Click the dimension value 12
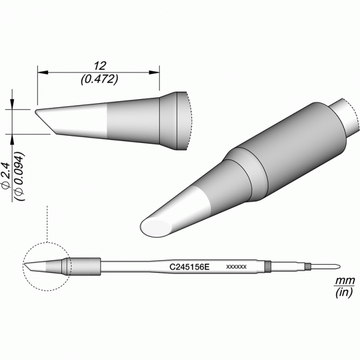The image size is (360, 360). point(100,66)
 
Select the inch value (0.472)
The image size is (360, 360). point(100,79)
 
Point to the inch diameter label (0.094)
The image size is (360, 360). point(19,176)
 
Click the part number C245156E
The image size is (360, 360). point(190,267)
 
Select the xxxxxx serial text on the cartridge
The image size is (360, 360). point(236,267)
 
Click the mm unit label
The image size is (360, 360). point(345,281)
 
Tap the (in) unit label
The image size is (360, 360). point(344,292)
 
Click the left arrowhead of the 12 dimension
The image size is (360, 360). point(43,73)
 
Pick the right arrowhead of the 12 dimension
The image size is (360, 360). point(154,73)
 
